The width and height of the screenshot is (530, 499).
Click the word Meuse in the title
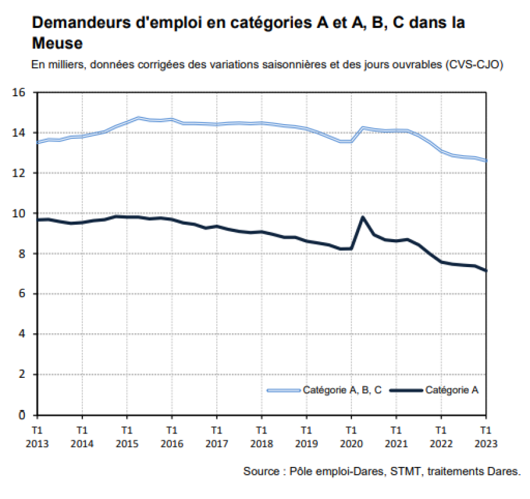point(56,44)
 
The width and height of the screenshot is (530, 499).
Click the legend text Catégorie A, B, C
point(342,391)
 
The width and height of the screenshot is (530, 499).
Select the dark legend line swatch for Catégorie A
point(406,391)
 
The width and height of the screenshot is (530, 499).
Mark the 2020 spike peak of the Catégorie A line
point(362,217)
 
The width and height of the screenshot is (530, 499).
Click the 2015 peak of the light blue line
point(138,118)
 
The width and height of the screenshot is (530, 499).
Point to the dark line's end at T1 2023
point(486,271)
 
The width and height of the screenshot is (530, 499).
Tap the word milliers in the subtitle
point(64,64)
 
